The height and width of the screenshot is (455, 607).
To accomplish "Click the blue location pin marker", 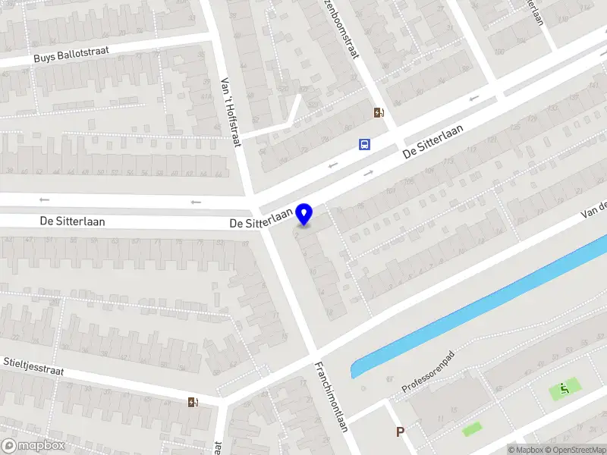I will point(304,215).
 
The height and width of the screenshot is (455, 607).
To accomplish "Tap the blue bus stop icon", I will point(365,144).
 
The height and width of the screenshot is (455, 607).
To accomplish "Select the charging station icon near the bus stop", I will point(379,113).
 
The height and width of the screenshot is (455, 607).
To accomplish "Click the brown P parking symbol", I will point(400,432).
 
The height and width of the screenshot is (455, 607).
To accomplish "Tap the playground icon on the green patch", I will point(565,389).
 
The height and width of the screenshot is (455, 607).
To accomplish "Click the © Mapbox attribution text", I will point(527,450).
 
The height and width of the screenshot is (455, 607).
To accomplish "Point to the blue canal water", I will point(486,303).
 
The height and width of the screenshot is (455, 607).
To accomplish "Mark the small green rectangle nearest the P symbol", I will point(472,428).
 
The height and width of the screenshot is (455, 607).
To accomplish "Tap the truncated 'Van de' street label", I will point(594,209).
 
